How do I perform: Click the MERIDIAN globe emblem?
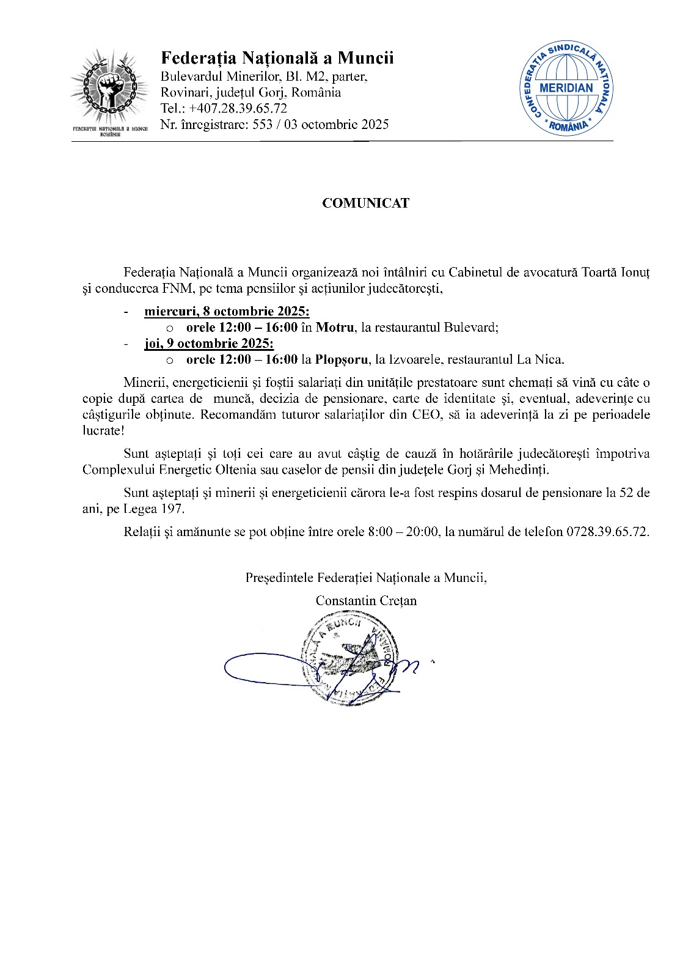point(566,88)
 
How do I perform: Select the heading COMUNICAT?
point(365,204)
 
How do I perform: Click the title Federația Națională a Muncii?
point(277,58)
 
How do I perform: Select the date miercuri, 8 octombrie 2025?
point(227,312)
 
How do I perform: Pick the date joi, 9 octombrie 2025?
point(209,344)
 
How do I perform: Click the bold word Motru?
point(334,328)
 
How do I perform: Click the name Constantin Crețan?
point(366,601)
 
